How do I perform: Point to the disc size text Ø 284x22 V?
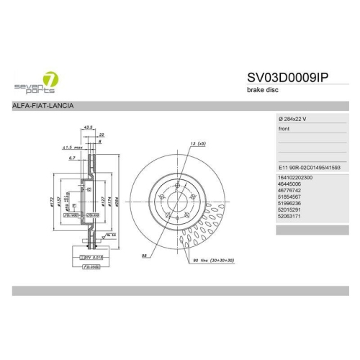tap(294, 117)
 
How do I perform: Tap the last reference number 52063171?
tap(289, 215)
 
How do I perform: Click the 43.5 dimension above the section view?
tap(89, 127)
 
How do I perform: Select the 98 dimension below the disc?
tap(145, 255)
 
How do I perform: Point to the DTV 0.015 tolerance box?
tap(90, 256)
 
